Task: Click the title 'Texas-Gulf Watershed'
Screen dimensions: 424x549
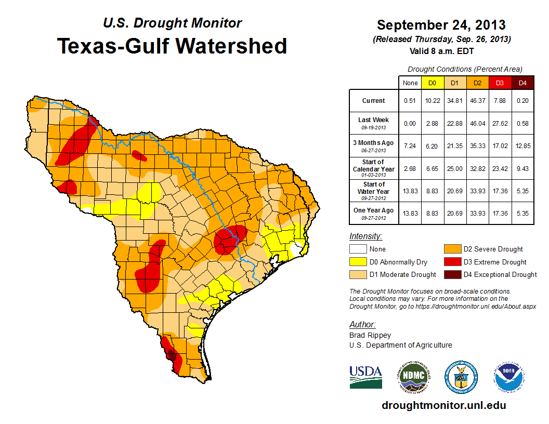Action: click(x=172, y=46)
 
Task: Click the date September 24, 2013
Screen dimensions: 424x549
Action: click(x=441, y=25)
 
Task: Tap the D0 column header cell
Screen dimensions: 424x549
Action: click(x=432, y=83)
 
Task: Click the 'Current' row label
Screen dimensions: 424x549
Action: click(x=374, y=101)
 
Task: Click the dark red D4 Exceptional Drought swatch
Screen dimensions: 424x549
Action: click(x=451, y=274)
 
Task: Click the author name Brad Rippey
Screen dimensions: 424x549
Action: click(x=370, y=335)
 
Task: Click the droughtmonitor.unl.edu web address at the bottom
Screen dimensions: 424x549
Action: click(x=443, y=405)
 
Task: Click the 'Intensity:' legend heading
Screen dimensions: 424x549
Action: click(x=366, y=236)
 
